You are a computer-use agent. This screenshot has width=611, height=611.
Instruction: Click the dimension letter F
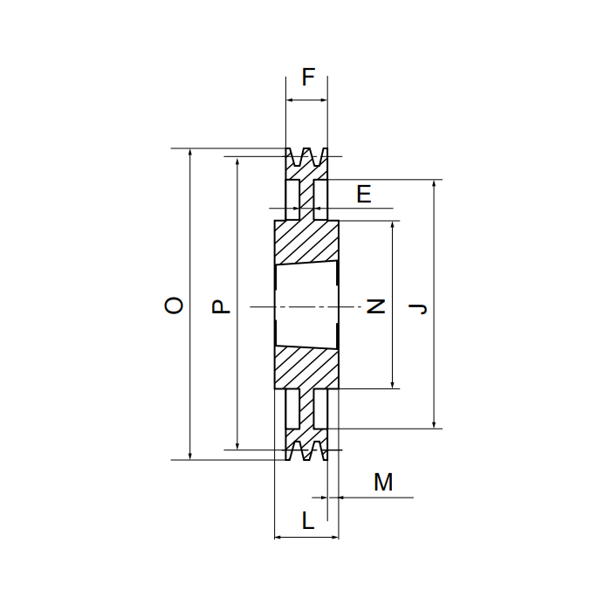(x=308, y=77)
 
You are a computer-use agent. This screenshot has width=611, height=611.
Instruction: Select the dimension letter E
(x=364, y=194)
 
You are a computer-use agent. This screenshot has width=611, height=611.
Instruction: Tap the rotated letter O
(x=174, y=305)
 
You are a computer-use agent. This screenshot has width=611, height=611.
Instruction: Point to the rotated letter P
(x=221, y=306)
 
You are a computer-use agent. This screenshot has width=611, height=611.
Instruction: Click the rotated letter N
(x=376, y=306)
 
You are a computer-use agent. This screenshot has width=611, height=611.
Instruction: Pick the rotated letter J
(x=418, y=309)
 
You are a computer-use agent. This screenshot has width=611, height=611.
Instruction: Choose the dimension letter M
(x=383, y=482)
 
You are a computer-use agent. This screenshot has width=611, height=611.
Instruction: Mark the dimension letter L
(x=308, y=520)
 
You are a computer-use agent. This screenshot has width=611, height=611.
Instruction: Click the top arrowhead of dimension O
(x=190, y=152)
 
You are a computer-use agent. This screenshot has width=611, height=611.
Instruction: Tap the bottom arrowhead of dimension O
(x=190, y=456)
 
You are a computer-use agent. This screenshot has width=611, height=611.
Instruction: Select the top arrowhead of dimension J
(x=434, y=183)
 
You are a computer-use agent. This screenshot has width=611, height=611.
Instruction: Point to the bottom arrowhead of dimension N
(x=393, y=385)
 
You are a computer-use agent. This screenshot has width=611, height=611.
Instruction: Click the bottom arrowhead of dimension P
(x=237, y=446)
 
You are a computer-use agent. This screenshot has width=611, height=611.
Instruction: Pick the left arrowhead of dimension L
(x=278, y=538)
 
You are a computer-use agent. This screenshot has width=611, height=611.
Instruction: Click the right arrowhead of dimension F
(x=324, y=100)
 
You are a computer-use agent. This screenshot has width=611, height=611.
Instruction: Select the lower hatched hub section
(x=306, y=367)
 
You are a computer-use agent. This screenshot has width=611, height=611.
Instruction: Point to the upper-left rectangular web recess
(x=292, y=200)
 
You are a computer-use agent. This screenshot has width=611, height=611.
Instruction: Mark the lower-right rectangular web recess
(x=320, y=408)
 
